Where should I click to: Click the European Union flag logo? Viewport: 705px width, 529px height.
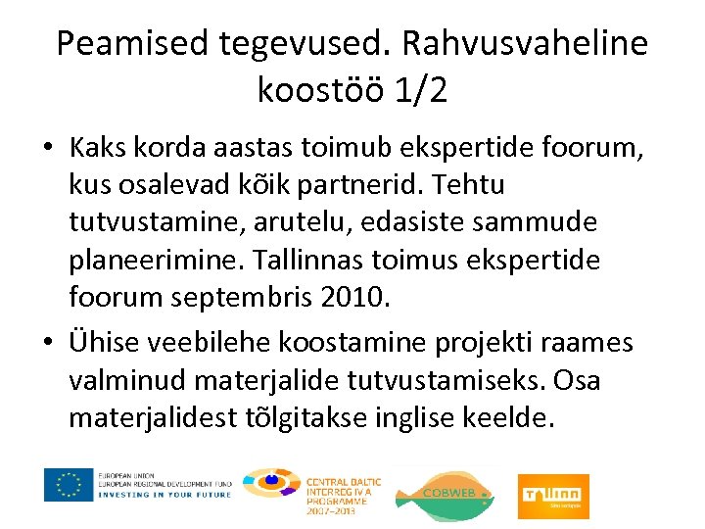69,485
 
